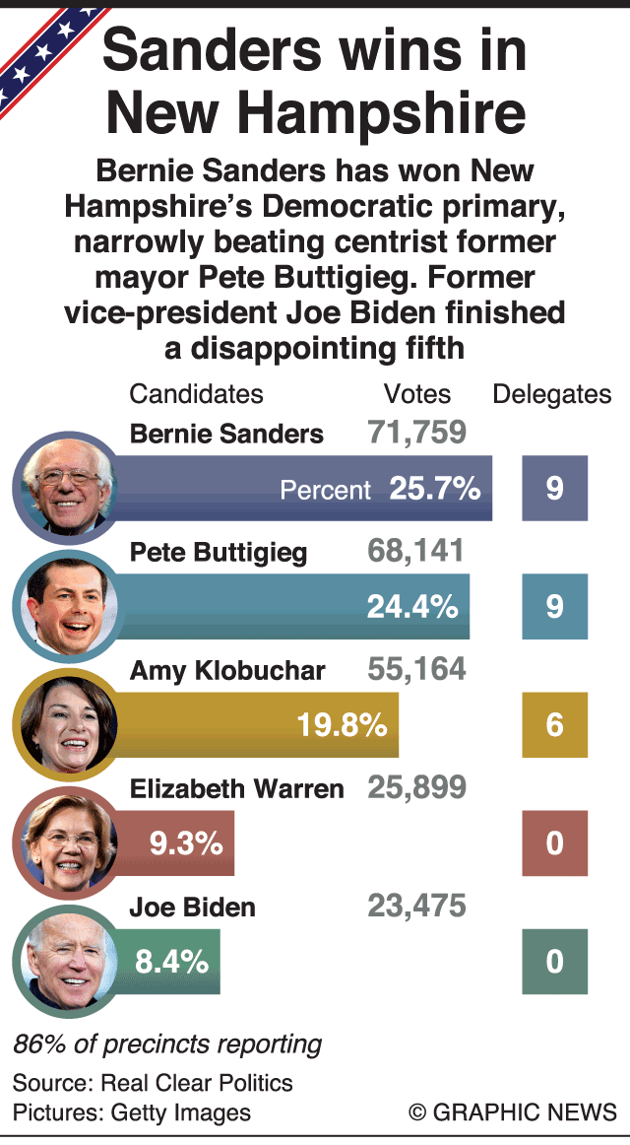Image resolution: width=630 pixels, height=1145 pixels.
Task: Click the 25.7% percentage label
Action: tap(434, 489)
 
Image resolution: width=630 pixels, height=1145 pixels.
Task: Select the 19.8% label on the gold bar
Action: tap(342, 726)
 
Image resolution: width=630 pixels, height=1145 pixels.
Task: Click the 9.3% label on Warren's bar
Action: tap(186, 843)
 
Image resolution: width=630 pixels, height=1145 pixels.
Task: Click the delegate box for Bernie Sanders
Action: tap(554, 489)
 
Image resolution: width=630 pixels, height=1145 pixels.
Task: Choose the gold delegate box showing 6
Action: tap(554, 725)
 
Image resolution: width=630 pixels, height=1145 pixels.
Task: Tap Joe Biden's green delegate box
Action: tap(554, 962)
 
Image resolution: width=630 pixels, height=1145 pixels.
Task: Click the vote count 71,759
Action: tap(416, 432)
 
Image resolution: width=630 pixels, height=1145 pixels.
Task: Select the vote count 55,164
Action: tap(416, 670)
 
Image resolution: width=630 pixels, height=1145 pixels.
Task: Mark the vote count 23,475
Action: tap(416, 907)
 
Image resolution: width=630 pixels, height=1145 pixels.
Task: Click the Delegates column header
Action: tap(552, 394)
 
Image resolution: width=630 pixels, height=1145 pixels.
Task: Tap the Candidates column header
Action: tap(197, 394)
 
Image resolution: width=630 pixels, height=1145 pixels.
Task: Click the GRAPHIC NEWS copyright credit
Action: tap(513, 1111)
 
